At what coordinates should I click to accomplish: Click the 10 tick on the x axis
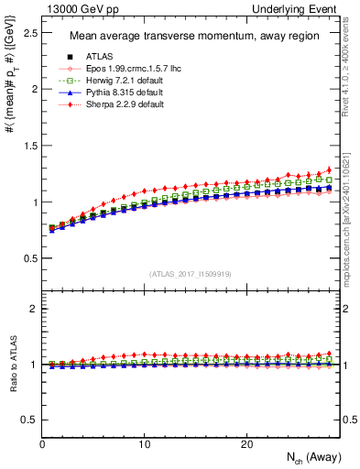point(145,443)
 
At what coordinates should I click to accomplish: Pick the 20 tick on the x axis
point(246,443)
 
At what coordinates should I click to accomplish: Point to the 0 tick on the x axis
point(43,443)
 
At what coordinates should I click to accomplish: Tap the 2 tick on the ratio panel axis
point(33,309)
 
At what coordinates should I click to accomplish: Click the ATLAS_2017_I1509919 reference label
point(190,274)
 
